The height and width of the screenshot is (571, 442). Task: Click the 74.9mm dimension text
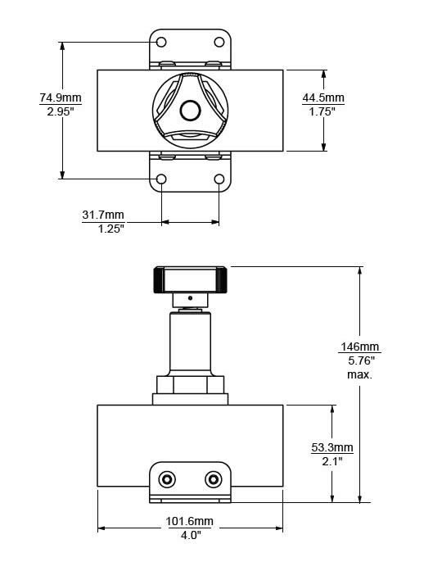61,98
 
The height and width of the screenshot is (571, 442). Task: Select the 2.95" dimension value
61,111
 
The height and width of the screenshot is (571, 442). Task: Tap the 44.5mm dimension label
323,98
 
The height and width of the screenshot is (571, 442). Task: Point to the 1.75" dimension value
323,111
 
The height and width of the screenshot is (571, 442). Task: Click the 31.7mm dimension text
103,215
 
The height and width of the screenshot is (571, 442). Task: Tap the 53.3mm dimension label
332,447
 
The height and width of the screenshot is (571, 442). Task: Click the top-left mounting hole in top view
161,42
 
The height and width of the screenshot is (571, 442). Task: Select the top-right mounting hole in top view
219,42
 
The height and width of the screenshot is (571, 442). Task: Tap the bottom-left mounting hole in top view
161,179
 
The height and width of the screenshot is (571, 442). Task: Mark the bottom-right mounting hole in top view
219,179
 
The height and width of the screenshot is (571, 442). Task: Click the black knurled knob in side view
190,279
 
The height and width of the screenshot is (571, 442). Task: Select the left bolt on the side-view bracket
167,478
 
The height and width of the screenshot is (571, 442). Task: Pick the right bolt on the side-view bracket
214,478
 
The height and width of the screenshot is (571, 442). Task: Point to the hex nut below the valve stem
190,384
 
